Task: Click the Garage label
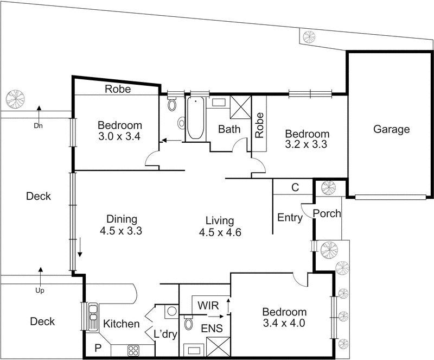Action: [391, 129]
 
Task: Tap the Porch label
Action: [328, 213]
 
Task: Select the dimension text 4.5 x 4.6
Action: [219, 232]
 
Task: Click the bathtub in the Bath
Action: [194, 118]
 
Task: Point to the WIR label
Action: [208, 305]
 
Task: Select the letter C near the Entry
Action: [295, 188]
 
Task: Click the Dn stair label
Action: [37, 126]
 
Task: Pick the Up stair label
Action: [40, 290]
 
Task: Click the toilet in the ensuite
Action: [189, 324]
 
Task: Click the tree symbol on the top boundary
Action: [309, 37]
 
